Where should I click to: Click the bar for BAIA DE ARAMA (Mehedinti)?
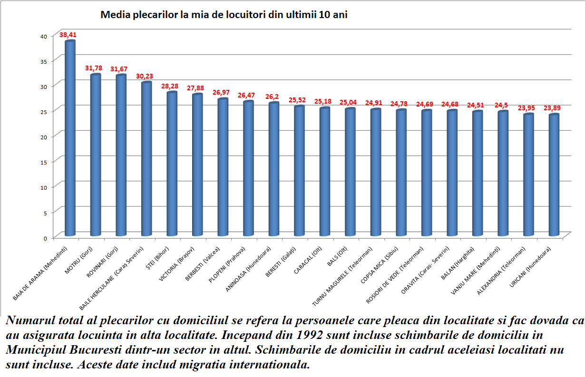70,138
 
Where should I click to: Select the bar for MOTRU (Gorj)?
96,155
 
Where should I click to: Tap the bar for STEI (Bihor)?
172,164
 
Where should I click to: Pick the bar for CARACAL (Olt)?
325,171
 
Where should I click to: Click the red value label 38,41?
68,35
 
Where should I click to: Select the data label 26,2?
273,96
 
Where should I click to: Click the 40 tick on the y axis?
43,37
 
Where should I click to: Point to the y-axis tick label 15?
43,162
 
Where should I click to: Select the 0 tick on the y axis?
45,237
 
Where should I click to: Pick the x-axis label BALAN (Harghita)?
459,262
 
